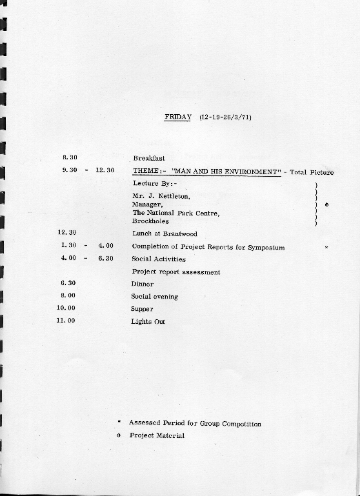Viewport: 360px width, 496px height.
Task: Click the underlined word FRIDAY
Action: point(177,117)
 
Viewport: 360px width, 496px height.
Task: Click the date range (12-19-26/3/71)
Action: point(225,117)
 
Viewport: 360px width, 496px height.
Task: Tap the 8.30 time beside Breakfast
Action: point(70,157)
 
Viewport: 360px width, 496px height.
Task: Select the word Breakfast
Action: point(149,158)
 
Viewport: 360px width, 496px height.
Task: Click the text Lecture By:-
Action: point(154,183)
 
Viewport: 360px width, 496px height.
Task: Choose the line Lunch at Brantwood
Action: point(165,233)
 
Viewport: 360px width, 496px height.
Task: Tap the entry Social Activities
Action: point(159,259)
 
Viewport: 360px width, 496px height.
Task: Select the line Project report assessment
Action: point(176,272)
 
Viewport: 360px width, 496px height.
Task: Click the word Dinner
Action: point(143,284)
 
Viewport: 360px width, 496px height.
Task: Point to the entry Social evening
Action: point(154,297)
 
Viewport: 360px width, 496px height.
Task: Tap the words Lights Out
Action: point(148,321)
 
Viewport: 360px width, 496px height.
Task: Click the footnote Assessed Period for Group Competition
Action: point(195,424)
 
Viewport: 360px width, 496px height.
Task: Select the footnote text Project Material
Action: point(157,435)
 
